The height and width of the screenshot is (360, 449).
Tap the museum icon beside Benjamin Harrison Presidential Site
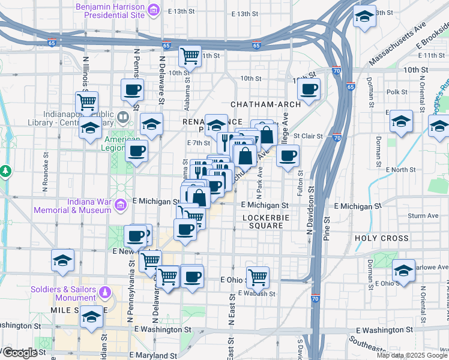pos(154,10)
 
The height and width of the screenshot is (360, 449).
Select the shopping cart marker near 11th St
pos(190,56)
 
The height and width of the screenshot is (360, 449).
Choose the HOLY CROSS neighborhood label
pos(381,238)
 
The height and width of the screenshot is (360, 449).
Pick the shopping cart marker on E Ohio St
pos(257,277)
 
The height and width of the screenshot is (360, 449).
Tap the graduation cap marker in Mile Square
pos(91,318)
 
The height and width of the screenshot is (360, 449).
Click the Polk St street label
pos(397,92)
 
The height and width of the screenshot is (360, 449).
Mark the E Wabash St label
pos(256,293)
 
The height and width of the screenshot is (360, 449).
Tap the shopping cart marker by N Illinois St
pos(87,102)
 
